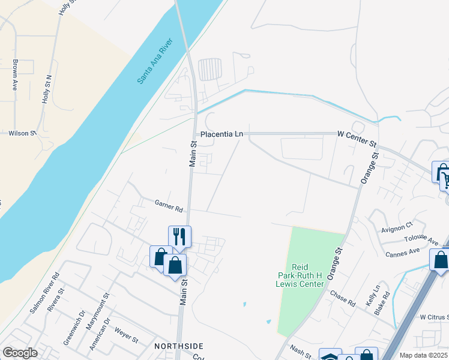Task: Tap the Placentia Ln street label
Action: tap(221, 134)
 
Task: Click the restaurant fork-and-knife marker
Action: tap(179, 235)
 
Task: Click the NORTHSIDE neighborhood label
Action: tap(178, 346)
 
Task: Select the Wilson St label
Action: tap(22, 133)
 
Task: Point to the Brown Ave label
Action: tap(15, 74)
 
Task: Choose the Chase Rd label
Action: tap(342, 298)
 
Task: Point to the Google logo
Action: tap(20, 353)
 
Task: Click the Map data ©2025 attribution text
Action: tap(423, 355)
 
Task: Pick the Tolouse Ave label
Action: tap(421, 240)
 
